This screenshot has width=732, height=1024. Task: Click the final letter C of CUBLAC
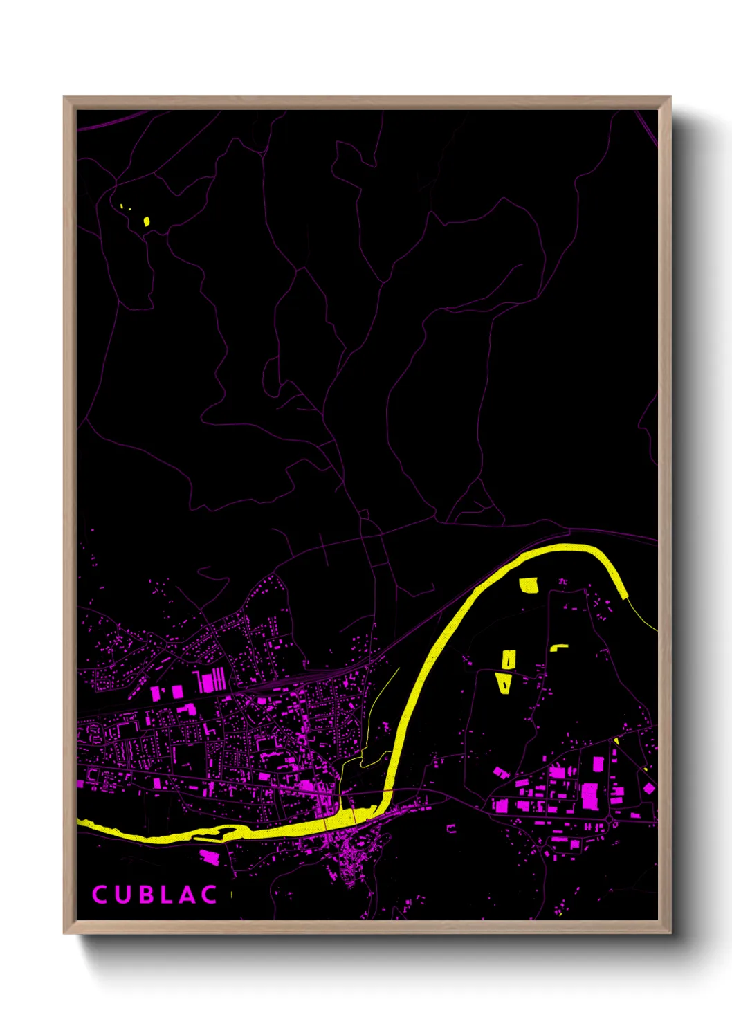[209, 894]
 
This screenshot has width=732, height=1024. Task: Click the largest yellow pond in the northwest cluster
[147, 221]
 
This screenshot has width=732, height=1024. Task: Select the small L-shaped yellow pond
[558, 648]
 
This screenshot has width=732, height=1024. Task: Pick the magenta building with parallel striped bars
[211, 680]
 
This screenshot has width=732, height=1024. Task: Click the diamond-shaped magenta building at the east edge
[649, 788]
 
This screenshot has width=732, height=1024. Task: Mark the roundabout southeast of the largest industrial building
[609, 820]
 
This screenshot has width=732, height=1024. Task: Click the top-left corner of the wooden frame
[65, 98]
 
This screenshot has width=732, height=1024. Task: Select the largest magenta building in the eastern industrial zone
[589, 796]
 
